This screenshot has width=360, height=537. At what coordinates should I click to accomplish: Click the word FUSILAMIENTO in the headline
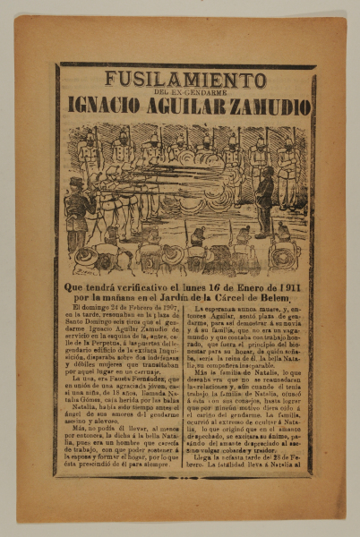pos(185,79)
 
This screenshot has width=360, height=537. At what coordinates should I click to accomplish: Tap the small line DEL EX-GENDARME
pos(184,91)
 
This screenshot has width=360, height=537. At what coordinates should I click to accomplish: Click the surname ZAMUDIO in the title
pos(274,106)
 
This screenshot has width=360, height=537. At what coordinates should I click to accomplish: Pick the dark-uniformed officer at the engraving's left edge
pos(78,210)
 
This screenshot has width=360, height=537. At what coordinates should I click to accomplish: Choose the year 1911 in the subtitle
pos(302,286)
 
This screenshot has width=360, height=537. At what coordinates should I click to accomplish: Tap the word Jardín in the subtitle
pos(184,298)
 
